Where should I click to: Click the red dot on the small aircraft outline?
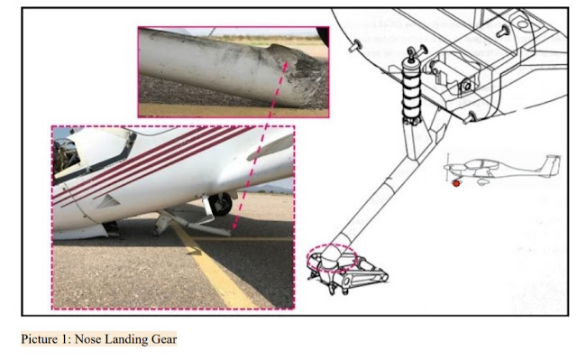[x=456, y=183]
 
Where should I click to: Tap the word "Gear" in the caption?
[x=164, y=339]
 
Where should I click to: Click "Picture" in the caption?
[x=39, y=339]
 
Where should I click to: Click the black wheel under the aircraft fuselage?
[x=220, y=204]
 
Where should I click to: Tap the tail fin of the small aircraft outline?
[x=551, y=166]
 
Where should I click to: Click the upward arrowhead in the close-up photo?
[x=285, y=66]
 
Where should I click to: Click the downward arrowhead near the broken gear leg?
[x=234, y=226]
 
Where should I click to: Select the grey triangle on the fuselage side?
[x=108, y=201]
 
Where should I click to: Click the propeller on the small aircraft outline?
[x=448, y=168]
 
